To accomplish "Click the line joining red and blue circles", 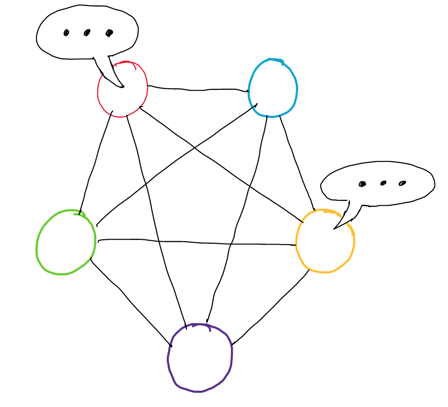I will click(197, 90).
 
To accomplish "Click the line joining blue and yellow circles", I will click(296, 158).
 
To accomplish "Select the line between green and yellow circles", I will click(197, 243).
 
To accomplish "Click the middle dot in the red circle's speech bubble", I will click(87, 33).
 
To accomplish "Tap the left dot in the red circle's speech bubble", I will click(66, 33).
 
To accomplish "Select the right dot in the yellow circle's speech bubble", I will click(402, 183).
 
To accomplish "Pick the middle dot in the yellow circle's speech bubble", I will click(383, 184).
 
